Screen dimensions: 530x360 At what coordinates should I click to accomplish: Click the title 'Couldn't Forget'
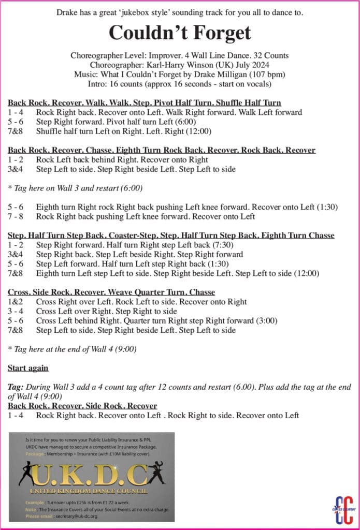pos(180,33)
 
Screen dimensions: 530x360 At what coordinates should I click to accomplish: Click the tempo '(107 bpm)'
pos(262,74)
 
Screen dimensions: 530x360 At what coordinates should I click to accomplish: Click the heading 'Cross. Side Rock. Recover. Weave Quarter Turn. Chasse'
pos(111,292)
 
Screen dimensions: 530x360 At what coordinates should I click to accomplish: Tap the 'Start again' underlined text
pos(28,368)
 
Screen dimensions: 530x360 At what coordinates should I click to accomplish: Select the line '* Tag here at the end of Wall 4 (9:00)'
pos(72,349)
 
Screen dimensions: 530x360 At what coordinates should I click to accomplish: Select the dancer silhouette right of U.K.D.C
pos(156,471)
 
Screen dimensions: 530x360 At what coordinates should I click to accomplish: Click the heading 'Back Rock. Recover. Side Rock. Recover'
pos(82,406)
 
